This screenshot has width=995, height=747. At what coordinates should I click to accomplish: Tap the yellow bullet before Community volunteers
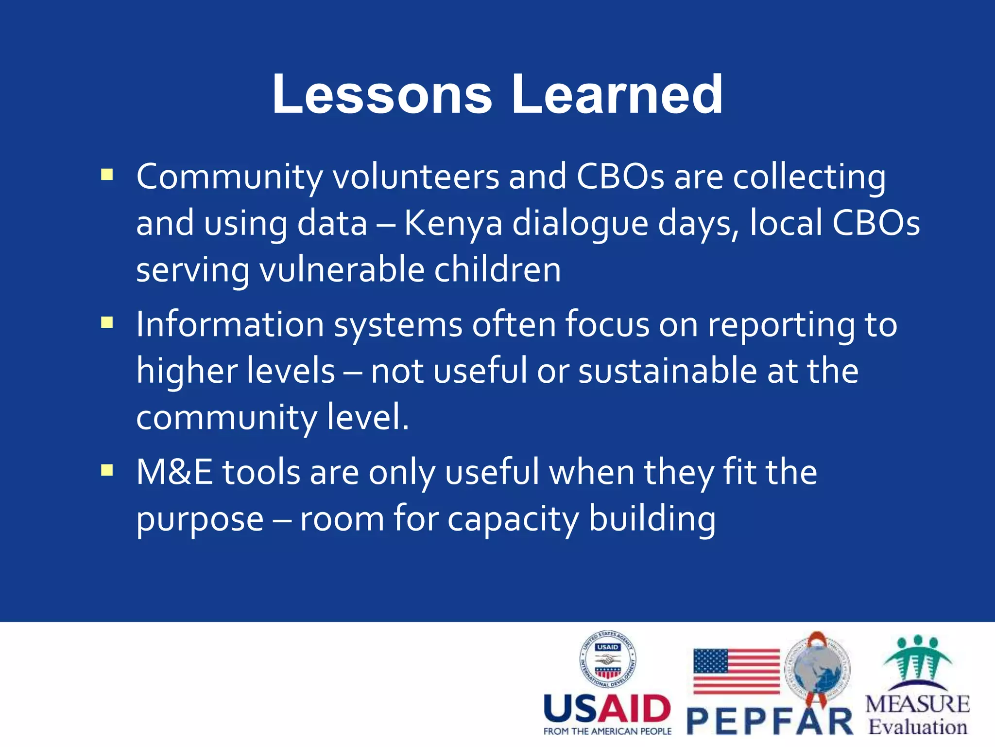107,175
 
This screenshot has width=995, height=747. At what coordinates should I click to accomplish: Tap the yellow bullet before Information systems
107,322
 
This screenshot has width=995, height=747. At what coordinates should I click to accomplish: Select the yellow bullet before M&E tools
107,470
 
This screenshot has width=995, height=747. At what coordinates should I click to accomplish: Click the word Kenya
453,224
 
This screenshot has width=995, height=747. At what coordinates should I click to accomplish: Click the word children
497,270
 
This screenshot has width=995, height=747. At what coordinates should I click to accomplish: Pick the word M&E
174,472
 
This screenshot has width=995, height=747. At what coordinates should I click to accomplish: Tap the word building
652,519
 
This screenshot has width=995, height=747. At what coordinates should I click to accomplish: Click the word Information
230,324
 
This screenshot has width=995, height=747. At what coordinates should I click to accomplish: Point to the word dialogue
581,224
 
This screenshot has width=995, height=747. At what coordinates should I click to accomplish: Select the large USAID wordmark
607,709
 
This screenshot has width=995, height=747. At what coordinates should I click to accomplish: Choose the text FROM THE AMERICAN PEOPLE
607,731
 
